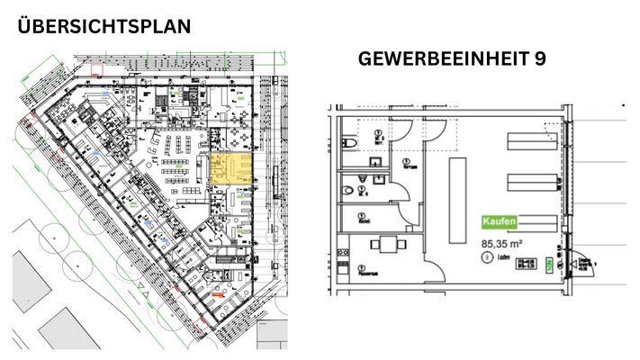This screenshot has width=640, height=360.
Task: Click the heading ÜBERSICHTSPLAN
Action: coord(104,26)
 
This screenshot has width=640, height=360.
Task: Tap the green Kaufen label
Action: coord(499,221)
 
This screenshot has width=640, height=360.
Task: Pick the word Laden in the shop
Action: coord(501,257)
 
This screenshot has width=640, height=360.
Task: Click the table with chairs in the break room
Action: coord(386,244)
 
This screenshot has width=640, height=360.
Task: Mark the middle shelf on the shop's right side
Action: coord(532,184)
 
